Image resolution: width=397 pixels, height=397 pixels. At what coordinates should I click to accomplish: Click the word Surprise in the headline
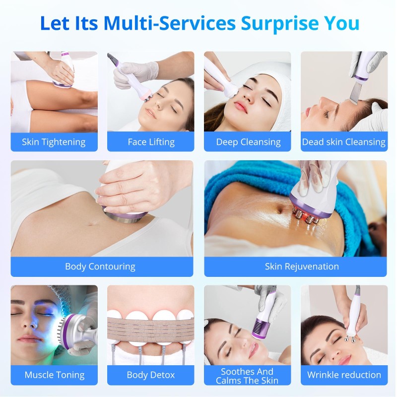279,23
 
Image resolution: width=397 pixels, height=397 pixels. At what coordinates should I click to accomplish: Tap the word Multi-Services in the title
170,23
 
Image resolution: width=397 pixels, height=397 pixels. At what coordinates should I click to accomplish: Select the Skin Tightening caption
54,142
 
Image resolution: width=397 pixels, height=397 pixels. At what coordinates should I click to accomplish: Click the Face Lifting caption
151,142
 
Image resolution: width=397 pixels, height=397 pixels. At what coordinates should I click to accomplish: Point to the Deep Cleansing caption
249,142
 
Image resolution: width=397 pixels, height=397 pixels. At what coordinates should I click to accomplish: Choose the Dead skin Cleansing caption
344,142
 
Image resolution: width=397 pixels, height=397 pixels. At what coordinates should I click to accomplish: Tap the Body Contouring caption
100,266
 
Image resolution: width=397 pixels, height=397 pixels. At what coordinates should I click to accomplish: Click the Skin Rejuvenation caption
302,266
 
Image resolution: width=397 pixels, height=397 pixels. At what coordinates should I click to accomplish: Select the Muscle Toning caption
55,375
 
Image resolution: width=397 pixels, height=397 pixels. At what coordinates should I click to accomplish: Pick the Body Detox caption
151,375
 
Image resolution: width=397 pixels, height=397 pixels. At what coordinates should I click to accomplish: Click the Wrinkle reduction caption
344,375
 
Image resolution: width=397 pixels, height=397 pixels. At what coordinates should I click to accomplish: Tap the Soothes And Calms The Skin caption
247,376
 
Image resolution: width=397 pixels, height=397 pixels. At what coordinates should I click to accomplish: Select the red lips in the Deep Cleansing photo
240,107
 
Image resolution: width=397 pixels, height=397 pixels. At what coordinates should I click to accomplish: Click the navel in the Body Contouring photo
92,224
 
